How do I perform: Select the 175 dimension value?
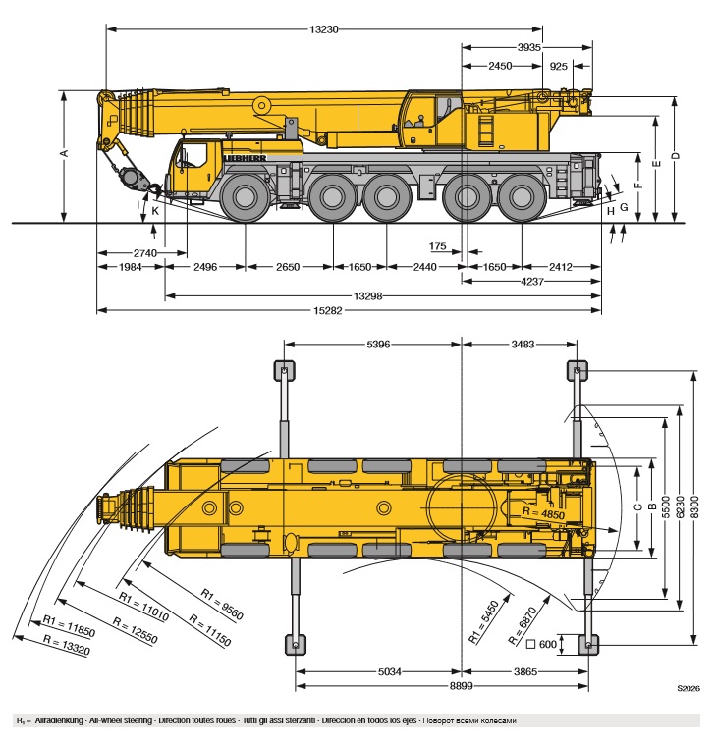pyautogui.click(x=438, y=245)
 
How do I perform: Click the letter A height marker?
pyautogui.click(x=64, y=154)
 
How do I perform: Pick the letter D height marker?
pyautogui.click(x=675, y=157)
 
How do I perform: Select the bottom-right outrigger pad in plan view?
pyautogui.click(x=587, y=644)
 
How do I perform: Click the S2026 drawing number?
pyautogui.click(x=687, y=690)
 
